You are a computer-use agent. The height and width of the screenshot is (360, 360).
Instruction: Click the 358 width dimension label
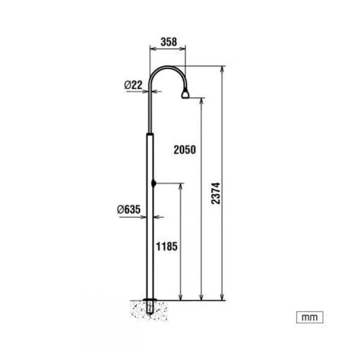[x=169, y=42]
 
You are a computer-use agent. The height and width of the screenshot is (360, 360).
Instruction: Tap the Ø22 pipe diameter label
[x=133, y=85]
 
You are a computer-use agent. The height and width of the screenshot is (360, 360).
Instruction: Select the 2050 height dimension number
[x=185, y=150]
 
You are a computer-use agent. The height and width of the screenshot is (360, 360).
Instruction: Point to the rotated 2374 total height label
[x=216, y=193]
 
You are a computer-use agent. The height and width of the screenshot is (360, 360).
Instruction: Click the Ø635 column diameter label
[x=129, y=209]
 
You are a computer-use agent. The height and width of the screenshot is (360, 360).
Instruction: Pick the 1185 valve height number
[x=166, y=247]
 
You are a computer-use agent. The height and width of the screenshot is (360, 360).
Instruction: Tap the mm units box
[x=310, y=317]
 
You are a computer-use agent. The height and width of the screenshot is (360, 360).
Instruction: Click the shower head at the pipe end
[x=185, y=94]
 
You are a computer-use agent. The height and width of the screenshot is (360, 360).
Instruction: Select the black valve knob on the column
[x=153, y=184]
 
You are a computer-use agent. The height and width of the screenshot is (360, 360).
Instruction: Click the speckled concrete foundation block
[x=150, y=311]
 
